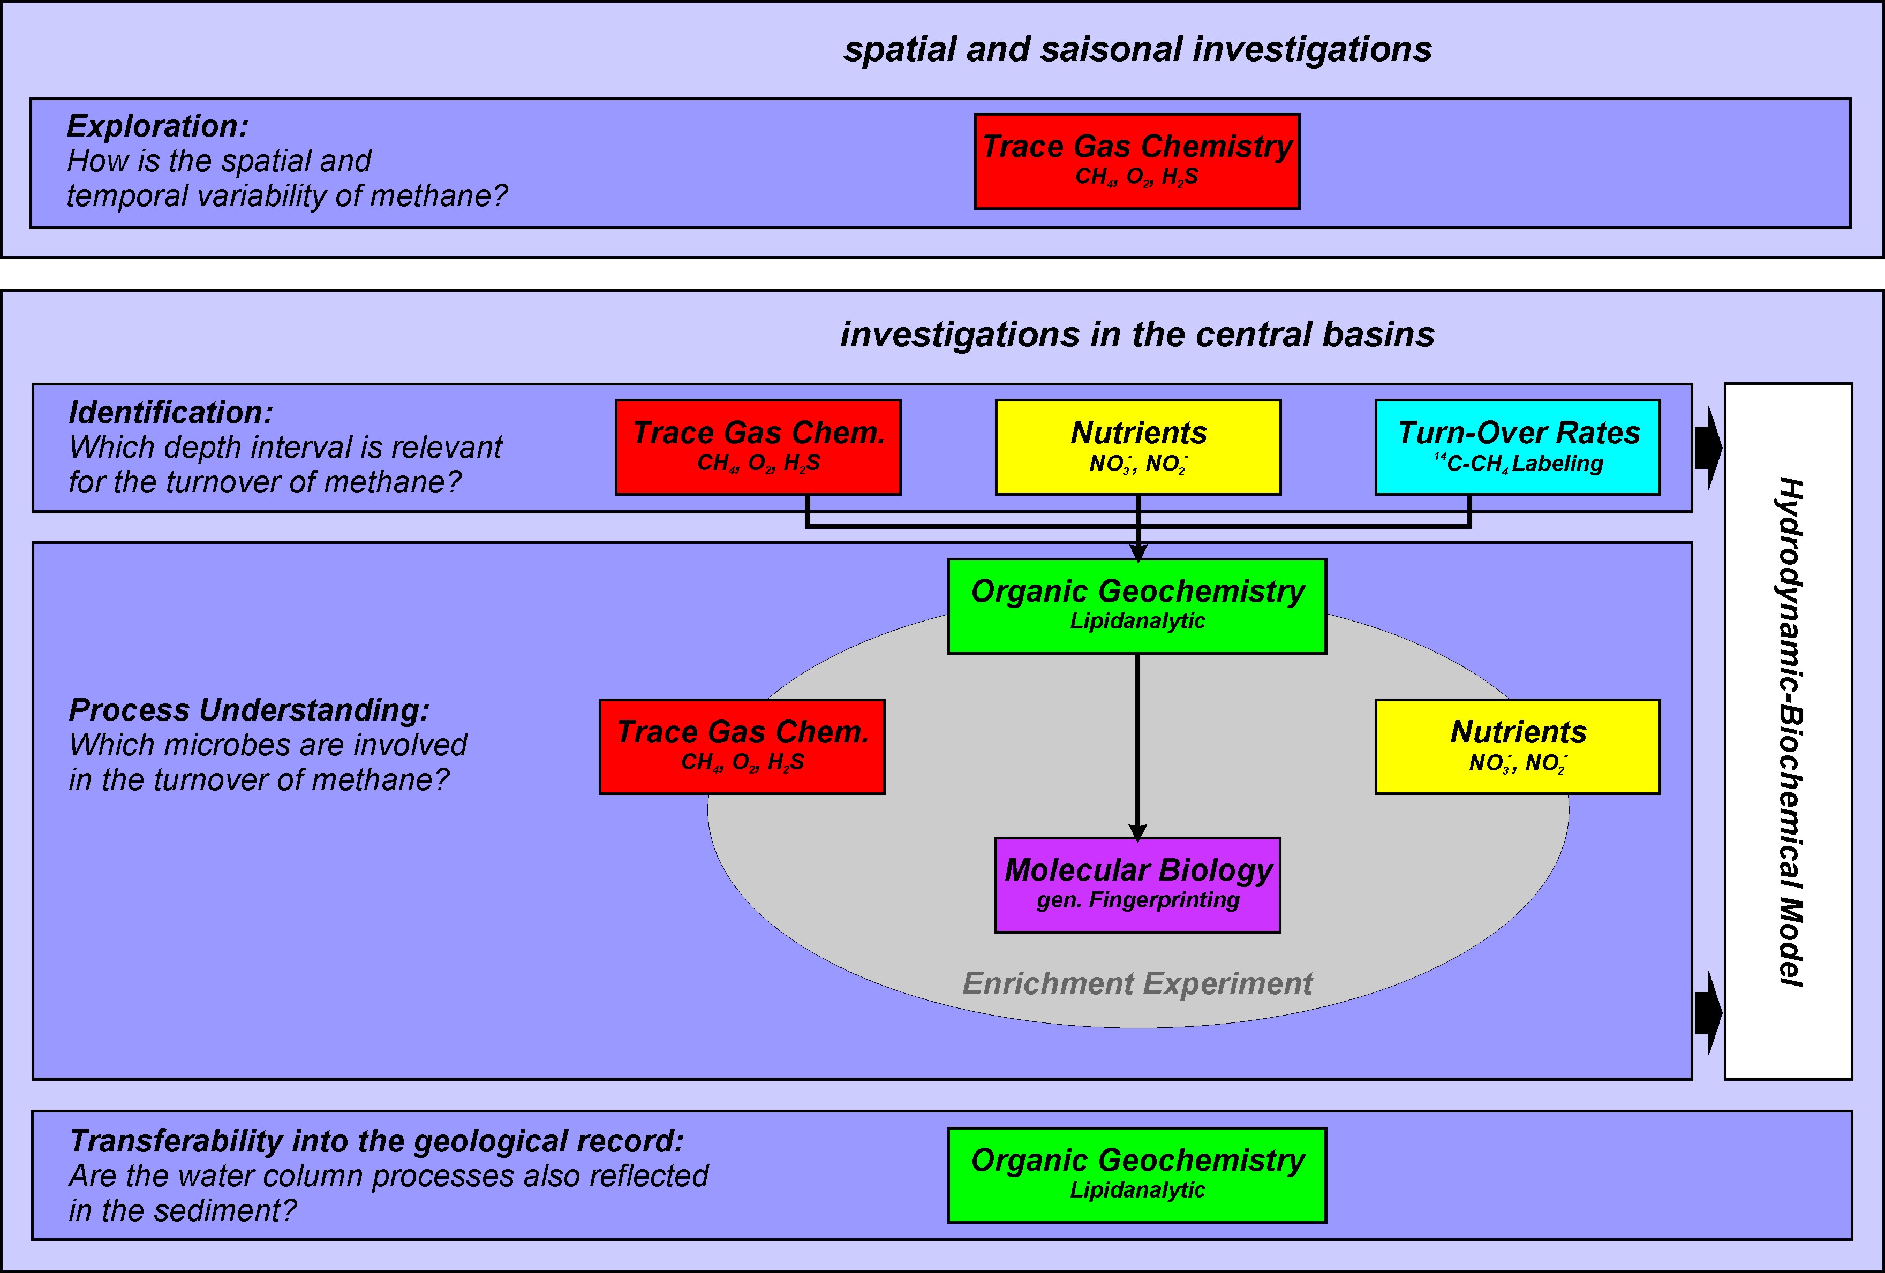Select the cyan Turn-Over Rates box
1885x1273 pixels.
pos(1518,447)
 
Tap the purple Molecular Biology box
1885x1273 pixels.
pos(1137,884)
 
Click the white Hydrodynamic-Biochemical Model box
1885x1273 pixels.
pos(1789,731)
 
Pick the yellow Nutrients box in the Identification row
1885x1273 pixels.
pos(1138,447)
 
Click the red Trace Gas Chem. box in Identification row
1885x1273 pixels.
pos(758,447)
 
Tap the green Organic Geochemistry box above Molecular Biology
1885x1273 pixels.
pos(1137,605)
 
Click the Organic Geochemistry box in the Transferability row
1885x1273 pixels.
pos(1137,1175)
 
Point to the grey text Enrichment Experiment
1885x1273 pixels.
pos(1137,983)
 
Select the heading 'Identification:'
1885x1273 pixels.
pos(171,413)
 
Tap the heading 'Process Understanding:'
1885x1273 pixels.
pos(249,710)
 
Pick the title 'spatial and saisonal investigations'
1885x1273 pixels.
pos(1137,49)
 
